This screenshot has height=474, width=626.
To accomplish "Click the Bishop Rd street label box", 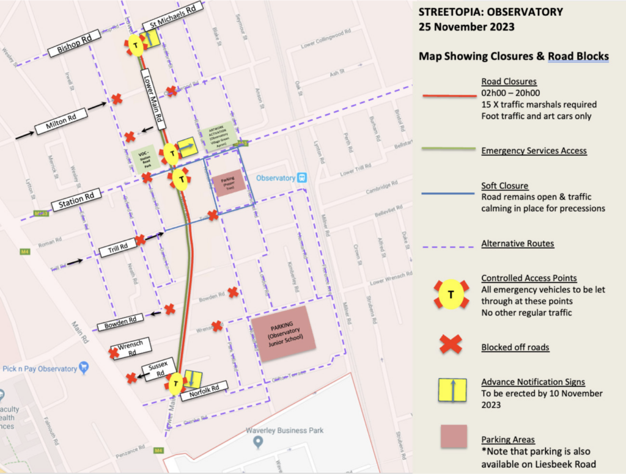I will click(x=75, y=44).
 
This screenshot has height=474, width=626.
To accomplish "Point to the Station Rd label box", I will click(x=76, y=200).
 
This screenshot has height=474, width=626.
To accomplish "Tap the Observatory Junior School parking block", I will click(x=283, y=335).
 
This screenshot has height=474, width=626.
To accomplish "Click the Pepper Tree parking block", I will click(x=229, y=182).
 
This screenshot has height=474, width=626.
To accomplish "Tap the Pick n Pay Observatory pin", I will click(x=84, y=368).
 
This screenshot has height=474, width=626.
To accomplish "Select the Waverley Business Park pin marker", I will click(x=259, y=442).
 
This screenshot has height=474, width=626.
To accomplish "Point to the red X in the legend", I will click(x=452, y=346).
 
